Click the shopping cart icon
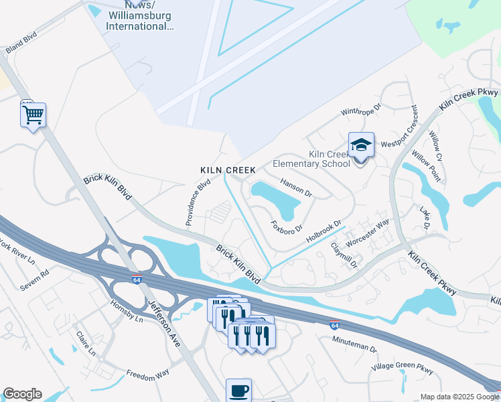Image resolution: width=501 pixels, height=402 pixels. (33, 115)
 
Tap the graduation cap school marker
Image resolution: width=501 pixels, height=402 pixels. (361, 145)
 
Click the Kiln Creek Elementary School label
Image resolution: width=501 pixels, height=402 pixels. (329, 159)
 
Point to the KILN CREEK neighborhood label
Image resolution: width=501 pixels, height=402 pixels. (228, 171)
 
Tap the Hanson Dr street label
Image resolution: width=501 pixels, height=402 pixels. (297, 187)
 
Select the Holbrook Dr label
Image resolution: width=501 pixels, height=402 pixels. (324, 232)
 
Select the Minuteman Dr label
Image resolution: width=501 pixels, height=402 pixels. (355, 344)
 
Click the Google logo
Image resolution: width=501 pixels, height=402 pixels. (22, 394)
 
